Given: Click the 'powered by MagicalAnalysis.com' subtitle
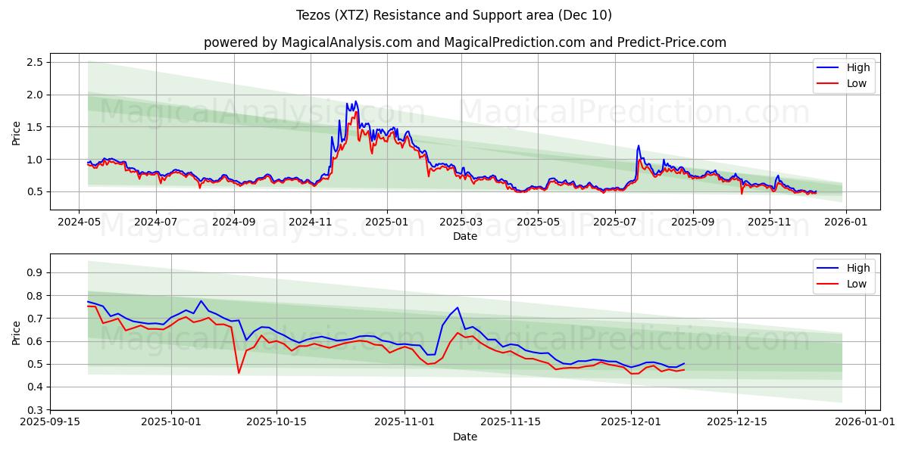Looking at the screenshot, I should [x=464, y=42].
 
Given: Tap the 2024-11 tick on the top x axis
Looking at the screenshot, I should [x=311, y=222].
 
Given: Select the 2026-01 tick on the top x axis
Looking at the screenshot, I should [x=846, y=222].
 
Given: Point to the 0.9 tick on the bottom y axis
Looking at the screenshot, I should [x=35, y=272].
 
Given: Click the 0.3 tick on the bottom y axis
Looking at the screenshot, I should [x=35, y=410].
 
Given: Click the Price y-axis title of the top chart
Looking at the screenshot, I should [x=17, y=132].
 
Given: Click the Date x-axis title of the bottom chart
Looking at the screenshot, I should [x=464, y=437].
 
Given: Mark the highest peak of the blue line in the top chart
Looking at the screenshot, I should [x=355, y=101].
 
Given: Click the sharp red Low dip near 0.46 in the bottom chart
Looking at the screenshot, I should [x=239, y=372].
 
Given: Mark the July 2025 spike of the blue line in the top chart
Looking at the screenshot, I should [x=638, y=145].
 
